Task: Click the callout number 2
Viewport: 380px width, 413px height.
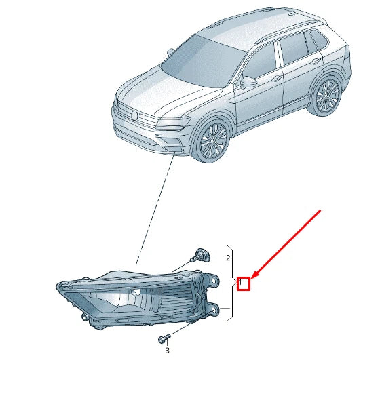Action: pyautogui.click(x=228, y=258)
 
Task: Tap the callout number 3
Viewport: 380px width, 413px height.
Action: pyautogui.click(x=168, y=351)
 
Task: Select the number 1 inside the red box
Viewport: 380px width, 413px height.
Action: pyautogui.click(x=240, y=283)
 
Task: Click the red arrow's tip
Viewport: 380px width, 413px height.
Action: pyautogui.click(x=250, y=279)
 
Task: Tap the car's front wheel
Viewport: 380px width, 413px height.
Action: pyautogui.click(x=212, y=140)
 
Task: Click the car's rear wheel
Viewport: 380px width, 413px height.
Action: pyautogui.click(x=327, y=96)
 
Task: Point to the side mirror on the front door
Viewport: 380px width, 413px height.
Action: pyautogui.click(x=248, y=82)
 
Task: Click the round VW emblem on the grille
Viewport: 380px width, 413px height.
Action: pyautogui.click(x=134, y=115)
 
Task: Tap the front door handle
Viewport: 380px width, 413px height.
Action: pyautogui.click(x=277, y=78)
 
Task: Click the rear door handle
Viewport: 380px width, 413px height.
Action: pyautogui.click(x=314, y=62)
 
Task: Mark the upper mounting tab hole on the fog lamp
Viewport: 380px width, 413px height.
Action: pyautogui.click(x=214, y=281)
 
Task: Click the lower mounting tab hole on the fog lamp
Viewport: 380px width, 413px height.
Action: pyautogui.click(x=214, y=311)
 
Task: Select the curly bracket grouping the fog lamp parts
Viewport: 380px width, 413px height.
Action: pyautogui.click(x=231, y=283)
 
